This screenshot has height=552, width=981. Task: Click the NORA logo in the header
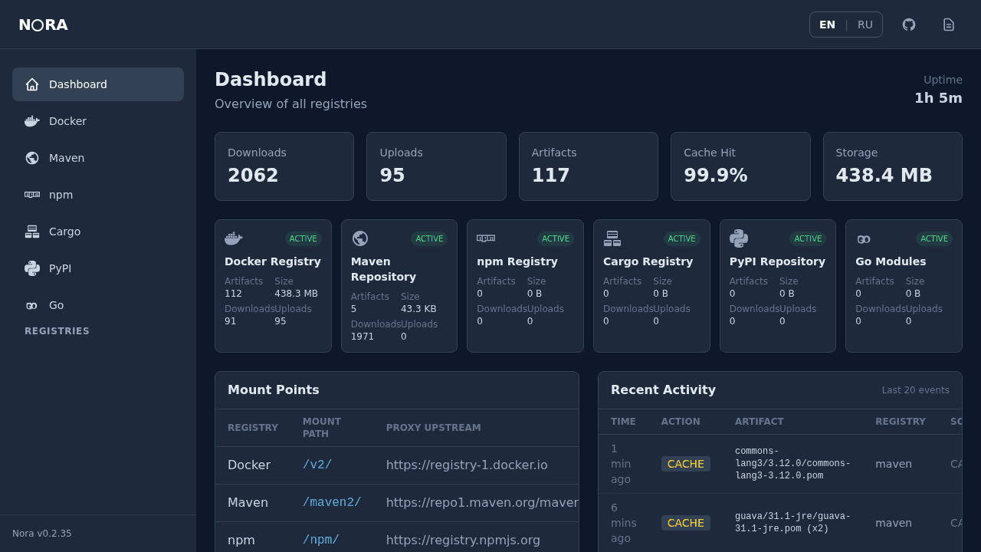click(43, 25)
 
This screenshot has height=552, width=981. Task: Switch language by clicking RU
click(865, 25)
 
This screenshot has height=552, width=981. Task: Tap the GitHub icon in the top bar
click(909, 25)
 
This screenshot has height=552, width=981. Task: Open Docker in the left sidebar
click(67, 121)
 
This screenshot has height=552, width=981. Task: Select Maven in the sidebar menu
click(67, 158)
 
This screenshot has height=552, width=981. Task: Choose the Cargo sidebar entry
click(64, 232)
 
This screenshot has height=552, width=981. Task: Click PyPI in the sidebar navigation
click(60, 268)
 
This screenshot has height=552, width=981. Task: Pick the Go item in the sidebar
click(56, 305)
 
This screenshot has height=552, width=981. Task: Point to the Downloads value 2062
click(253, 176)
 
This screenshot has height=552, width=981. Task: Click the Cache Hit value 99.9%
click(715, 176)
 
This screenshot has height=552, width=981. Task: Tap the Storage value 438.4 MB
click(884, 176)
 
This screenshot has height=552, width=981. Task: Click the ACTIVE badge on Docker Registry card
click(303, 238)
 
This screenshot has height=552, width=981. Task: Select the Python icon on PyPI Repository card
click(739, 238)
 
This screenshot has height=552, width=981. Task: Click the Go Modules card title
click(891, 261)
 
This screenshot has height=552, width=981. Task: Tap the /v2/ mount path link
click(317, 465)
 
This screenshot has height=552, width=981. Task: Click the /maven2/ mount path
click(332, 502)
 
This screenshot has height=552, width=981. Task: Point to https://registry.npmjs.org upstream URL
click(463, 540)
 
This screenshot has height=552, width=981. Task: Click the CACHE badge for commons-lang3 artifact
click(685, 464)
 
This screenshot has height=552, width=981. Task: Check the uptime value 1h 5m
click(938, 98)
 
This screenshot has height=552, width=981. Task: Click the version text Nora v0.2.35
click(42, 534)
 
